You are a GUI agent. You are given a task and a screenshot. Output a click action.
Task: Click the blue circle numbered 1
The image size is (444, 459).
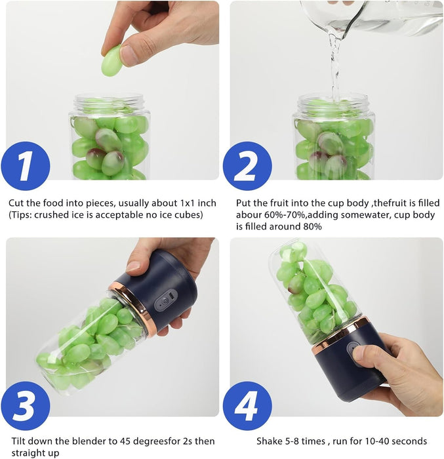26,166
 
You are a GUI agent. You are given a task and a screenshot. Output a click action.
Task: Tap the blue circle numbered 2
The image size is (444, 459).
247,166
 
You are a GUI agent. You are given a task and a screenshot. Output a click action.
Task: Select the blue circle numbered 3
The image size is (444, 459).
26,406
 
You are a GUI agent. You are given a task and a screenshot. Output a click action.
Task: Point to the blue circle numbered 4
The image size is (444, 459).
247,406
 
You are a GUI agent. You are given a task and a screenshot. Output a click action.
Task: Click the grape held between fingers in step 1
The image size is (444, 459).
111,61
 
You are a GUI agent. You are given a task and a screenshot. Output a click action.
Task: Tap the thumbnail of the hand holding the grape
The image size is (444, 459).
129,55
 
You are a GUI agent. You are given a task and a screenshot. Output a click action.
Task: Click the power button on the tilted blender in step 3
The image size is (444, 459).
165,301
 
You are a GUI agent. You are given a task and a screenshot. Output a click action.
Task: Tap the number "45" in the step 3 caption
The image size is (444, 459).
126,441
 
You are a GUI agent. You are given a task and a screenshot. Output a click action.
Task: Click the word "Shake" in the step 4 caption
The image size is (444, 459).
270,441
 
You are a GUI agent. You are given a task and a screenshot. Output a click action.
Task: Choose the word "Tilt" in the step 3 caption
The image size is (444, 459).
18,441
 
